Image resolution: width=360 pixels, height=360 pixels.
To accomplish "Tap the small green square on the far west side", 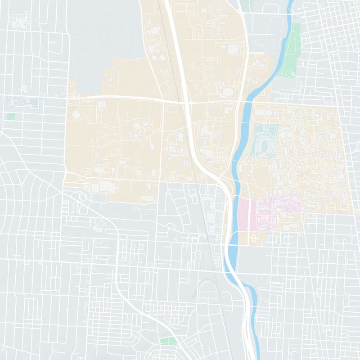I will (x=11, y=117).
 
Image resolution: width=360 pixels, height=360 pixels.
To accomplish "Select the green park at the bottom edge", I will (x=167, y=341).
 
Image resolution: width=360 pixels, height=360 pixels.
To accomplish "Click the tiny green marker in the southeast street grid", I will (x=279, y=293).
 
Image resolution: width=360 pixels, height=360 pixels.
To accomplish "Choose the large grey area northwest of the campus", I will (x=103, y=36).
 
